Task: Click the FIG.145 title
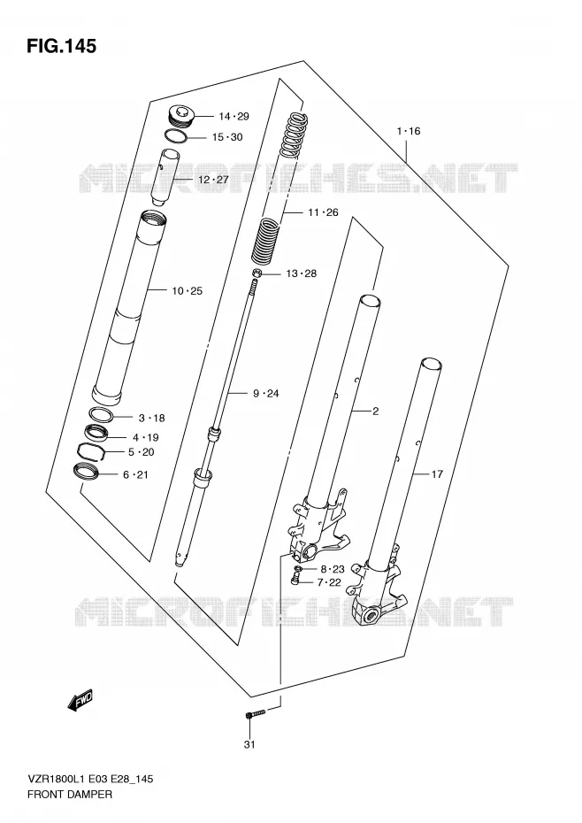tap(62, 46)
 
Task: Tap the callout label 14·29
tap(234, 117)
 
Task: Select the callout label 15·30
tap(227, 137)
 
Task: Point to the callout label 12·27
tap(213, 180)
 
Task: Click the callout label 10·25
tap(187, 291)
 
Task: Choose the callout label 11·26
tap(323, 212)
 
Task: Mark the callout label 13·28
tap(302, 273)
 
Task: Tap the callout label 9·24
tap(266, 393)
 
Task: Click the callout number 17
tap(437, 474)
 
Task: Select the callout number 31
tap(249, 744)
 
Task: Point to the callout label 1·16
tap(409, 131)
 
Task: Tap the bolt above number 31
tap(257, 713)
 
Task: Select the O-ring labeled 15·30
tap(176, 135)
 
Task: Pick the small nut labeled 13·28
tap(257, 273)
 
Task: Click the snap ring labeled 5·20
tap(92, 450)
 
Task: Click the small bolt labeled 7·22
tap(295, 580)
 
